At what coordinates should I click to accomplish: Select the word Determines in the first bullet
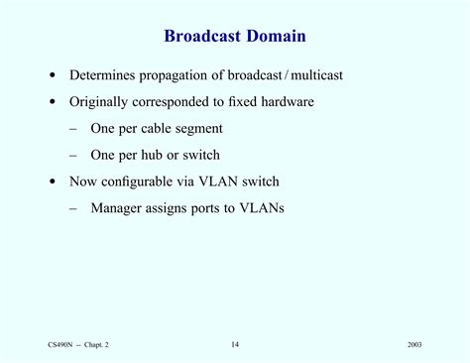(103, 75)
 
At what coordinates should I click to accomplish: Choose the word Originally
(100, 101)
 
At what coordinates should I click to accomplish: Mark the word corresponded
(178, 101)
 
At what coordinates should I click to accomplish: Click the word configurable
(149, 181)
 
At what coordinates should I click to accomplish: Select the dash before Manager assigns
(74, 208)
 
